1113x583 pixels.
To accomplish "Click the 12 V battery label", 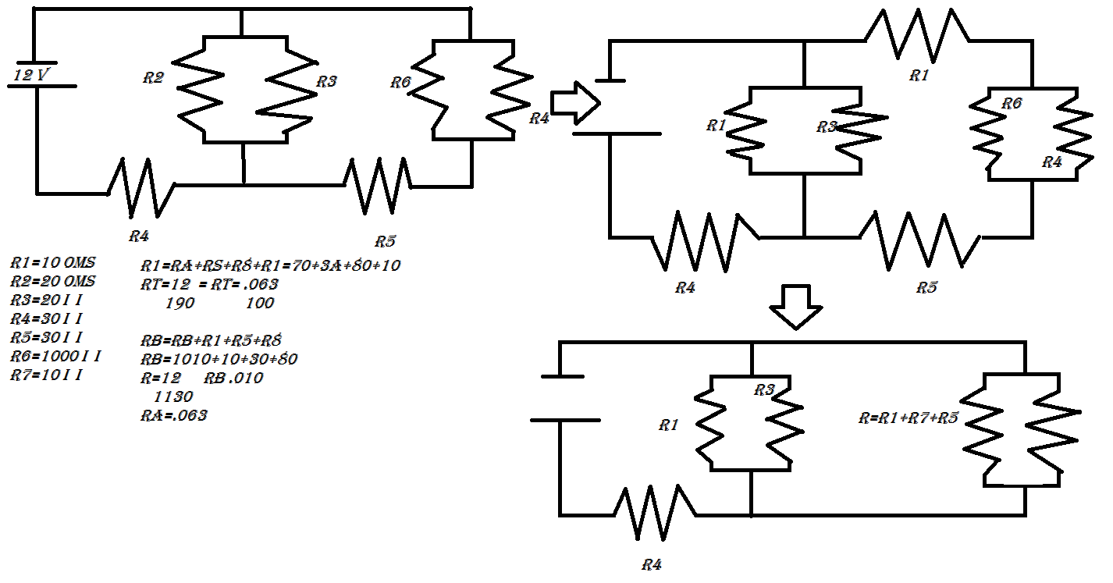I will (x=33, y=76).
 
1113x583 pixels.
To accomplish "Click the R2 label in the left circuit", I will (x=154, y=77).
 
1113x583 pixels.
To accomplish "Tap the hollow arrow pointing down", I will (x=795, y=306).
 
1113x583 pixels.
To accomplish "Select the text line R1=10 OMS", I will (x=52, y=263).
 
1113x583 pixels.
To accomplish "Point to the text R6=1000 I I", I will (x=55, y=357).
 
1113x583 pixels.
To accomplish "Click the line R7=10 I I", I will (x=46, y=375).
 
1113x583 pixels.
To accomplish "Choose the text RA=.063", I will (x=173, y=415).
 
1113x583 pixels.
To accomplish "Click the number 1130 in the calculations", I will (x=174, y=396).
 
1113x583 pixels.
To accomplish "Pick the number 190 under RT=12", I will (x=180, y=302).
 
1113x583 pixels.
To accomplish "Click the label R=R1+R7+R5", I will (x=908, y=418).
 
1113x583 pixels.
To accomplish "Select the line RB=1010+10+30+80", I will (x=219, y=359).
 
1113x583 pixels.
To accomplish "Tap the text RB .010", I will (x=233, y=378).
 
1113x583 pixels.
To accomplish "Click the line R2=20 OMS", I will (x=52, y=281).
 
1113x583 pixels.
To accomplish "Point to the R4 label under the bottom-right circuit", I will (x=653, y=563).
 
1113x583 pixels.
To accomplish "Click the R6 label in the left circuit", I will (x=400, y=82).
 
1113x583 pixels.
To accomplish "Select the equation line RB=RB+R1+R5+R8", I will (x=211, y=340).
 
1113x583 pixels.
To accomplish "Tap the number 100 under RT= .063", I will (x=259, y=302).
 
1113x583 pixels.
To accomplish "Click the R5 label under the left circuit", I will (x=385, y=240).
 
